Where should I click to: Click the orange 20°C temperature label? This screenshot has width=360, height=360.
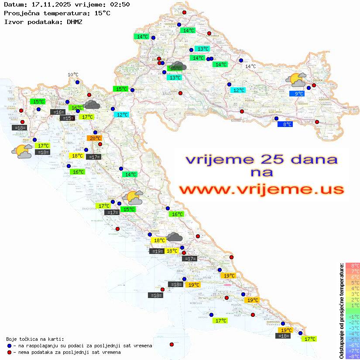(95, 138)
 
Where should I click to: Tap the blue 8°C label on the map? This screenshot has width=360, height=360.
(285, 124)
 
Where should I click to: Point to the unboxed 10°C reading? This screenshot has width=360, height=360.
(73, 75)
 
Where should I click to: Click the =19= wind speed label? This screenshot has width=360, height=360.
(156, 251)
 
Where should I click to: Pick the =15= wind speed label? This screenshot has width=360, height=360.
(67, 118)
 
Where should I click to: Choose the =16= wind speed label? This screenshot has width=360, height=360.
(58, 112)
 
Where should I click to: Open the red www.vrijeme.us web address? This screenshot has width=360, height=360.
(261, 189)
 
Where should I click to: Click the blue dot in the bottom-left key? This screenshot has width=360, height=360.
(9, 346)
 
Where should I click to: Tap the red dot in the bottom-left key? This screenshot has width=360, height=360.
(9, 352)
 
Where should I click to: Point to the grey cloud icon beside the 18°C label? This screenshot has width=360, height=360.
(175, 237)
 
